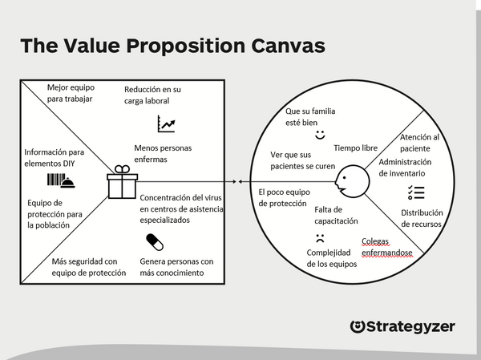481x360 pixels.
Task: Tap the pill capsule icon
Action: (155, 242)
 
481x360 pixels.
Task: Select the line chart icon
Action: (166, 123)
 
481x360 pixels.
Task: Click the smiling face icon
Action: (320, 135)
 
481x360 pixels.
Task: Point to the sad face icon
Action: (320, 238)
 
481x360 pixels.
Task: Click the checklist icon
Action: (416, 192)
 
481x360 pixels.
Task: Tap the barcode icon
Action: (56, 180)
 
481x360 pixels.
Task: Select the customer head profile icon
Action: (352, 181)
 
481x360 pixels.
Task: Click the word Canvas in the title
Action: (288, 46)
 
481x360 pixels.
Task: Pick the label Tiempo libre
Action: (355, 148)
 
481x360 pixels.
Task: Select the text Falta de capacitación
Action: (336, 215)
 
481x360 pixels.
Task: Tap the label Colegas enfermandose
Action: (386, 247)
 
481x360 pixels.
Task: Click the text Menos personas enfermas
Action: (163, 153)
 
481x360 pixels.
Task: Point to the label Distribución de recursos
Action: (422, 218)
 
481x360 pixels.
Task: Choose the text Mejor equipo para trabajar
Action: (71, 93)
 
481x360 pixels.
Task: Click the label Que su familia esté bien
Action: (310, 116)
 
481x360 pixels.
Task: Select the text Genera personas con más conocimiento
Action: (176, 267)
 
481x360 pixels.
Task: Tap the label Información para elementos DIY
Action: (54, 158)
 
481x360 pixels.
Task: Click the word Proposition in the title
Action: (186, 46)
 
